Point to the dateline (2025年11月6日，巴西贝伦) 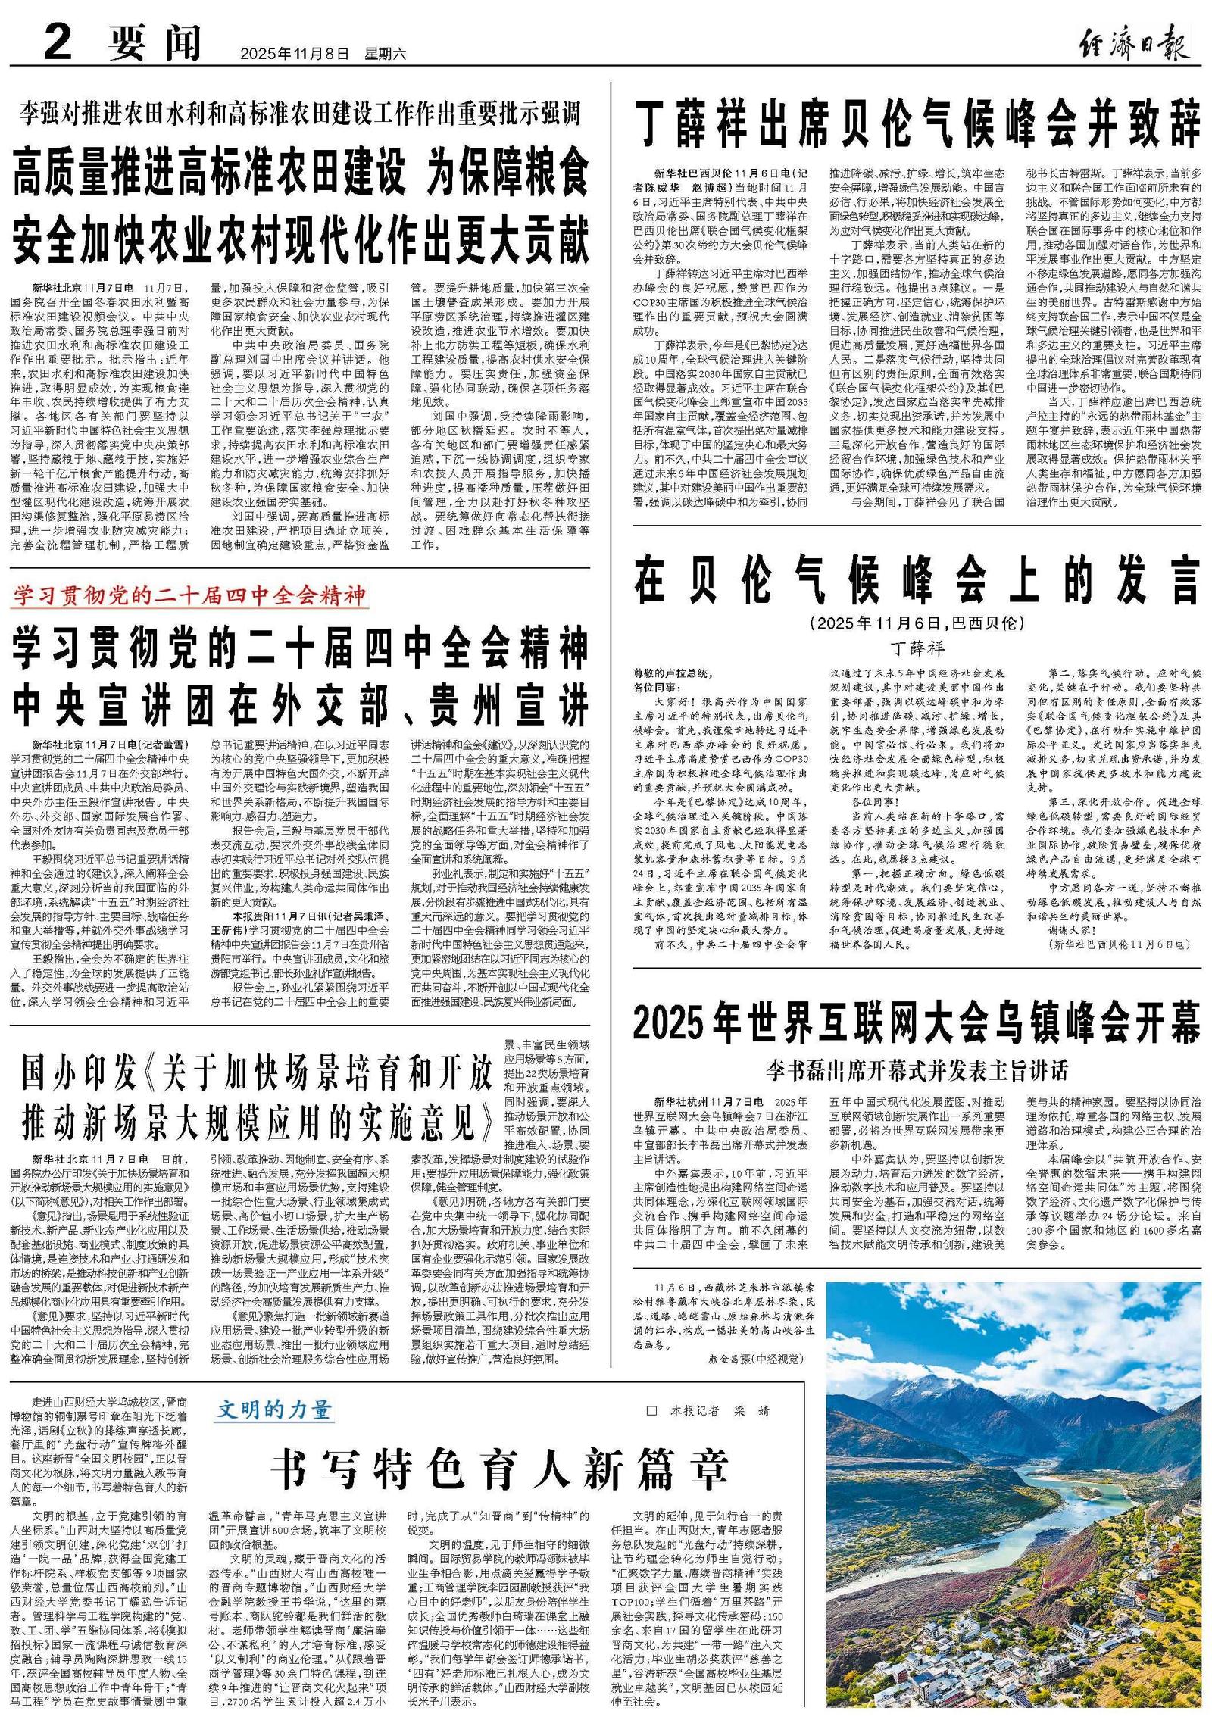(917, 623)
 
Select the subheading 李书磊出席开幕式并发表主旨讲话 (917, 1070)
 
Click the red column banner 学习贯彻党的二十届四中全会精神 (189, 595)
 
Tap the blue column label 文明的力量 (274, 1410)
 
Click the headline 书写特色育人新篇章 (500, 1469)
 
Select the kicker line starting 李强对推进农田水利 (300, 114)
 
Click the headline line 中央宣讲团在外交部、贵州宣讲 (300, 705)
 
